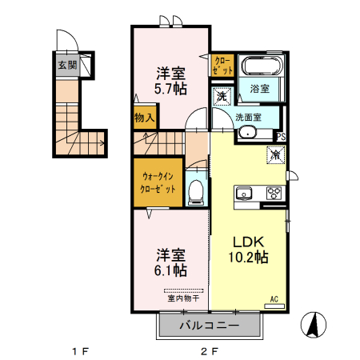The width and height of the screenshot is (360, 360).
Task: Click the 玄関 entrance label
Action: click(x=67, y=65)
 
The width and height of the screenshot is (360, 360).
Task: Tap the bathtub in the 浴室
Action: click(x=262, y=66)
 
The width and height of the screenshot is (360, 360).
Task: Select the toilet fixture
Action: click(x=196, y=192)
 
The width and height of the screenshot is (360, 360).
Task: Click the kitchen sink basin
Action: click(x=244, y=193)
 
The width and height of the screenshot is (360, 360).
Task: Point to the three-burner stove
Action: click(x=274, y=193)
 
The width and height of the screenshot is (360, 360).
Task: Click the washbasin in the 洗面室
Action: click(x=247, y=133)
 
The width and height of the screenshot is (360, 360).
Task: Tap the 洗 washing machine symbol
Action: click(x=222, y=97)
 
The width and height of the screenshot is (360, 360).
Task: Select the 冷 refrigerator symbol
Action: click(x=276, y=154)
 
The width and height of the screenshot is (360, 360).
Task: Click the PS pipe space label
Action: click(x=281, y=137)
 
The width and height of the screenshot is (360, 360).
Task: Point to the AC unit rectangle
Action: click(x=274, y=306)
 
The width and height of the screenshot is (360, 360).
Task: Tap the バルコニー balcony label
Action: click(x=210, y=326)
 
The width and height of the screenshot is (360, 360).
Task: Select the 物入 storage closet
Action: click(x=145, y=118)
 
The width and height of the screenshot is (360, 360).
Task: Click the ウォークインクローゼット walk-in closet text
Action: click(x=158, y=182)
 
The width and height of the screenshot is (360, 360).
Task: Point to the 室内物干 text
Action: click(x=183, y=298)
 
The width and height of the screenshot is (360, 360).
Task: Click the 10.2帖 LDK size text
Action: click(x=248, y=257)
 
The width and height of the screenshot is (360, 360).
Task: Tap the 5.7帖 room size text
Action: click(x=170, y=89)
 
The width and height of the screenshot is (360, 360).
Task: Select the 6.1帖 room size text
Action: click(x=170, y=270)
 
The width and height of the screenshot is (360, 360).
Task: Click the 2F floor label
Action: click(x=210, y=351)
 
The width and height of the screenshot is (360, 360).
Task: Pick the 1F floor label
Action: click(x=80, y=351)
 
